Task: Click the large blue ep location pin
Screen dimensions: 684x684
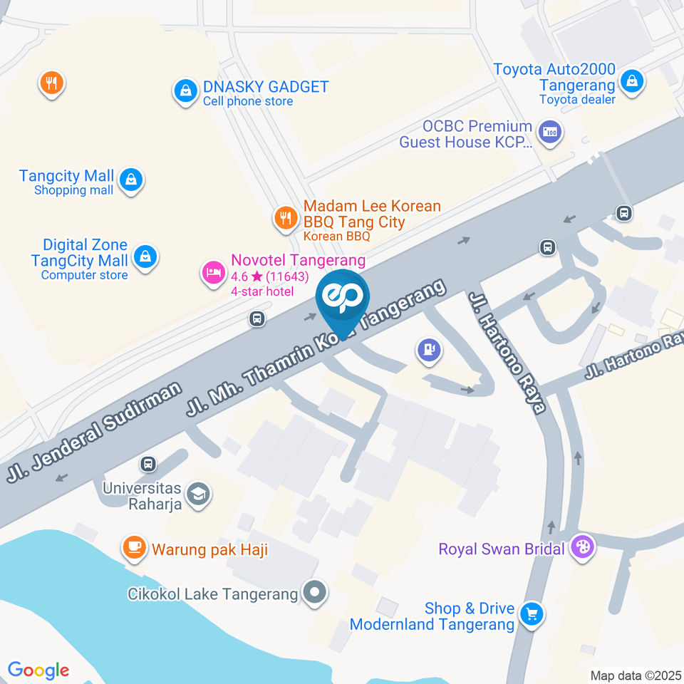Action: tap(343, 299)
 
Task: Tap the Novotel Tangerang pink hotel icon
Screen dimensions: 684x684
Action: tap(212, 272)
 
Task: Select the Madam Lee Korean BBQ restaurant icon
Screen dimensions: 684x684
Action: tap(286, 218)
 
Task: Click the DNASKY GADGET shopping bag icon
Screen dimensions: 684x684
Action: tap(185, 90)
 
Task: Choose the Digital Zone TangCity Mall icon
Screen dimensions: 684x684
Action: tap(145, 256)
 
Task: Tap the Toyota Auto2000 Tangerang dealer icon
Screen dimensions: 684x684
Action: tap(631, 81)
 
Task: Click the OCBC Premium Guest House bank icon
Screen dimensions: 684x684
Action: tap(549, 132)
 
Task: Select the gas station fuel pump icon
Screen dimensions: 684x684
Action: tap(429, 349)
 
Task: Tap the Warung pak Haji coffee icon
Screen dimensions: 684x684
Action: tap(133, 547)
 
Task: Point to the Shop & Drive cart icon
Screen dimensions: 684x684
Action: tap(531, 613)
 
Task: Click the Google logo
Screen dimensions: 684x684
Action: tap(38, 670)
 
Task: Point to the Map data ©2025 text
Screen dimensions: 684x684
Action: tap(636, 675)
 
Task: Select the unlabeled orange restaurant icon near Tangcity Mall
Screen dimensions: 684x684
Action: tap(51, 84)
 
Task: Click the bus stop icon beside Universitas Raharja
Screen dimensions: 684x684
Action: tap(148, 464)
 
